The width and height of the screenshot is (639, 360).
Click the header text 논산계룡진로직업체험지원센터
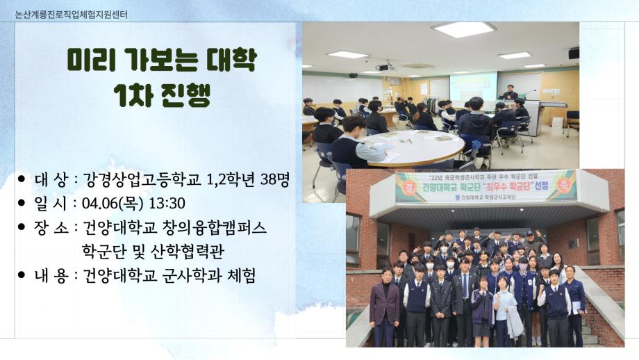tap(71, 14)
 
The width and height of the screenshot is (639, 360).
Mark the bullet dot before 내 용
tap(22, 275)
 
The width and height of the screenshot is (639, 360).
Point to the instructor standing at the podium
tap(511, 95)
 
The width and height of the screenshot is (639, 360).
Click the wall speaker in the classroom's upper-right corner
tap(574, 53)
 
